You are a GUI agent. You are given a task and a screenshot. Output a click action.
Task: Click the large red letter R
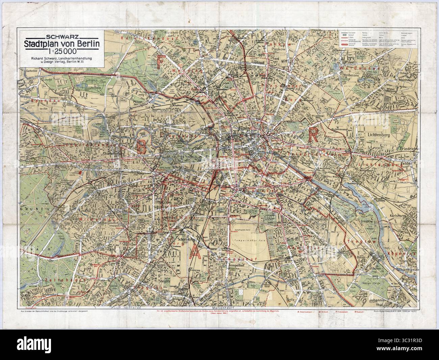pos(313,136)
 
